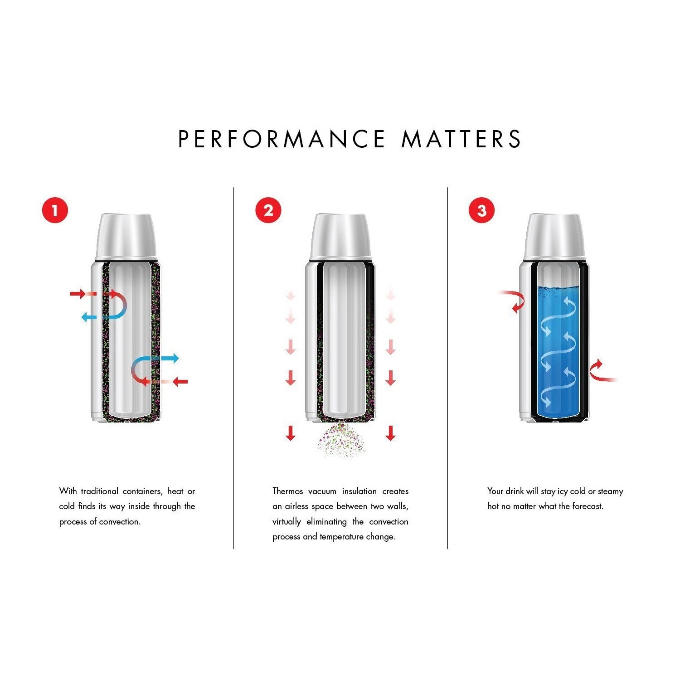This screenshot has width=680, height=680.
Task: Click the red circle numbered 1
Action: pos(55,210)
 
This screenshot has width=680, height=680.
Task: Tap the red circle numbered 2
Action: pos(268,210)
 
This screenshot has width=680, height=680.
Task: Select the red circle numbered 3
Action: pos(481,210)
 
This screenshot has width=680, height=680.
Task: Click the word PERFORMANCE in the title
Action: pos(282,139)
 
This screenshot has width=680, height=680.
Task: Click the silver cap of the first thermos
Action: pos(126,237)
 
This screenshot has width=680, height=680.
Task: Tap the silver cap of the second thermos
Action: pos(340,237)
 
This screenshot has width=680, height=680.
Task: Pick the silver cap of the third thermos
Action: pos(554,237)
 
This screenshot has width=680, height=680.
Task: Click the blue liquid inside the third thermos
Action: pos(559,354)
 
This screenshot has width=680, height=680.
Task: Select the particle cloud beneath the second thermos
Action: pos(341,440)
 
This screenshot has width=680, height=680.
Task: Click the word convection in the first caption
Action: pos(120,522)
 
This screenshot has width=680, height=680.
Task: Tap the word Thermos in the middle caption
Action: pos(287,491)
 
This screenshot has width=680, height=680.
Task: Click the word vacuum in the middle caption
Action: pos(322,491)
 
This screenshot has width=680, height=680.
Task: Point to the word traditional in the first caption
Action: pos(99,491)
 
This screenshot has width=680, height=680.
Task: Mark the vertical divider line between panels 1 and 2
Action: pos(233,367)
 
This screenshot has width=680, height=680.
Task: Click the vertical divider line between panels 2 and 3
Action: pos(447,367)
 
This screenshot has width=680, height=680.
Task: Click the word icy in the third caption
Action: pos(562,491)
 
